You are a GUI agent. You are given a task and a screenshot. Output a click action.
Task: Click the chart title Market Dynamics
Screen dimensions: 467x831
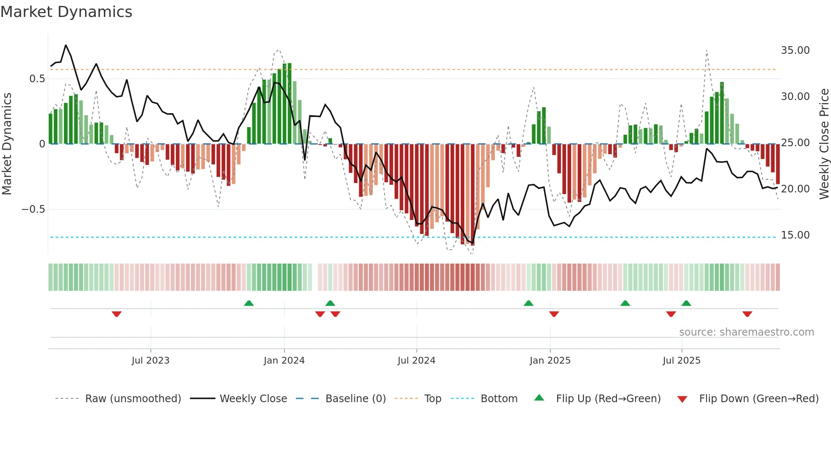[x=67, y=12]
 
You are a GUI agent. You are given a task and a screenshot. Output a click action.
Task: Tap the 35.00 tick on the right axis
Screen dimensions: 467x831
[x=795, y=50]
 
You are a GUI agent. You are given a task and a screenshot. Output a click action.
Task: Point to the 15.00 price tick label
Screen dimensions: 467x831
[x=795, y=235]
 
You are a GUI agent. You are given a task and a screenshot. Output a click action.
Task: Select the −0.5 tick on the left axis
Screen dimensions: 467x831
[x=33, y=209]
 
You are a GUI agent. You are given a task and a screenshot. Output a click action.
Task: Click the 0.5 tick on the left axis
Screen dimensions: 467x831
[x=37, y=79]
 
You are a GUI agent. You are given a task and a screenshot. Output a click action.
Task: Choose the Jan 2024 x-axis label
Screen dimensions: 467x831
[x=284, y=361]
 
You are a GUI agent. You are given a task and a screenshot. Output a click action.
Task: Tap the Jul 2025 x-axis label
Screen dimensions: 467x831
[x=681, y=361]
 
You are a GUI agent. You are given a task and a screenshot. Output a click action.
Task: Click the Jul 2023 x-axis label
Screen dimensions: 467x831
[x=151, y=361]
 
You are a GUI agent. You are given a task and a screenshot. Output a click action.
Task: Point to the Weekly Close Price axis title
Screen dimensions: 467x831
[x=824, y=144]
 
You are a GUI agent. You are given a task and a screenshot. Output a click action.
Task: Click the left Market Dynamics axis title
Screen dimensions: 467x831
[x=7, y=144]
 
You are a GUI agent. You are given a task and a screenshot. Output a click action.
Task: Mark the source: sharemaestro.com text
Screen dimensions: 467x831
[x=746, y=332]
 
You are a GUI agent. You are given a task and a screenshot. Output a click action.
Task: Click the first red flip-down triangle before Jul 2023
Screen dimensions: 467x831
[x=117, y=314]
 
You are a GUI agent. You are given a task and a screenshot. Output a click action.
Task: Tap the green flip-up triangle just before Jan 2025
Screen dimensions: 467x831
[x=528, y=303]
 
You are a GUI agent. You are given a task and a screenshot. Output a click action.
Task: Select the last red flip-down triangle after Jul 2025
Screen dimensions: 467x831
[x=747, y=314]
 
